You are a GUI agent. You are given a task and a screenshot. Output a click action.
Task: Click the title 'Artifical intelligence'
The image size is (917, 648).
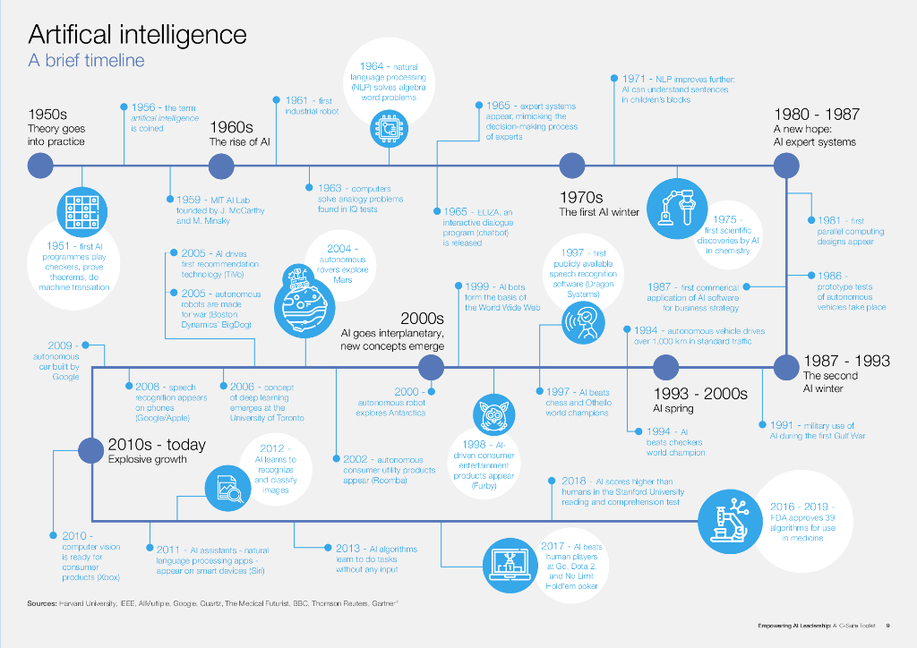tap(137, 35)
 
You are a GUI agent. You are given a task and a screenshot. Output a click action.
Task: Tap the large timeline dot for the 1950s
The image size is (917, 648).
tap(41, 166)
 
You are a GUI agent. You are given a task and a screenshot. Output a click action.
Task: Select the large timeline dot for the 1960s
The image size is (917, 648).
tap(221, 166)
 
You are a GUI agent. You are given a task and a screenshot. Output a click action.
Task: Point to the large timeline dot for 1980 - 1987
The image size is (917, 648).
tap(785, 166)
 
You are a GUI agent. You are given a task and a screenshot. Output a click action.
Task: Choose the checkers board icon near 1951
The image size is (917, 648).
tap(81, 211)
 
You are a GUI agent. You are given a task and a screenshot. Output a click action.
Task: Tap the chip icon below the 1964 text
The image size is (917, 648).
tap(390, 130)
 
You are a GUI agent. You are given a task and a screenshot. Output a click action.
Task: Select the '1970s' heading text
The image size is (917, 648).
tap(581, 198)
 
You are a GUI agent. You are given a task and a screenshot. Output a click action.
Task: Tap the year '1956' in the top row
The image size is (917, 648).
tap(145, 107)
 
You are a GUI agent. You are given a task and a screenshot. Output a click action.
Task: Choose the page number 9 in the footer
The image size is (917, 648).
tap(887, 626)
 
